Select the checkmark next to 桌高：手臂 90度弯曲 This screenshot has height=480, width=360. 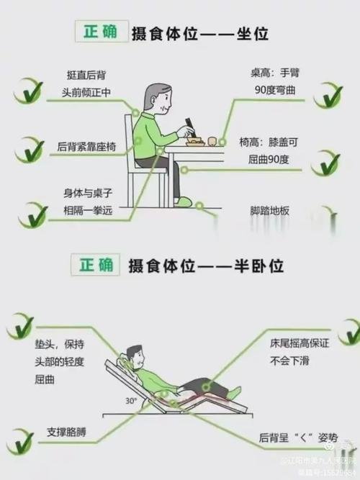[328, 94]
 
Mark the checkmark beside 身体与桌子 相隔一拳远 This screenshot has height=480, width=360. [32, 214]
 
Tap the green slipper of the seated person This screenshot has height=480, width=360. [184, 201]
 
